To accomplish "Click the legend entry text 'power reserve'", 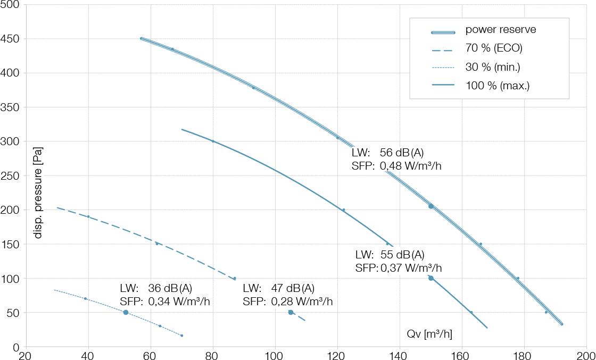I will (x=500, y=30).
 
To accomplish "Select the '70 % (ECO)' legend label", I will (x=493, y=48).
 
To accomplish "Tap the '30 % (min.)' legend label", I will (x=492, y=67).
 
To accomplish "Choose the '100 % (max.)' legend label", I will (x=497, y=86).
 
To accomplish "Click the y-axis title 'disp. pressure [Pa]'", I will (x=38, y=192).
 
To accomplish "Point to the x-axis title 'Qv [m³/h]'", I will (x=429, y=334).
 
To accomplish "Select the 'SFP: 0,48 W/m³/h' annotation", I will (x=396, y=166).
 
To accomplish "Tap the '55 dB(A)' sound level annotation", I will (x=402, y=255).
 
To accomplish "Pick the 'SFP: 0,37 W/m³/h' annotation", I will (x=398, y=268).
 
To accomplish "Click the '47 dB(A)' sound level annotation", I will (x=293, y=288).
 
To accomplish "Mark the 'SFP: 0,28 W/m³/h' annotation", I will (x=287, y=302).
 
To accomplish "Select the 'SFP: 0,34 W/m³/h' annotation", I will (x=165, y=302).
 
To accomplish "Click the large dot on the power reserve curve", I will (x=431, y=206).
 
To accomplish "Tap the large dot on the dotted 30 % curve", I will (x=126, y=312).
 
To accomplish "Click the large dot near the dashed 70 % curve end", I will (x=291, y=312).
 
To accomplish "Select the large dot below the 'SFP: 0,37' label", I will (x=431, y=278).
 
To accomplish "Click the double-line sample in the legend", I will (x=443, y=32).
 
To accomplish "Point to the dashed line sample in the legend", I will (x=443, y=51).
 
